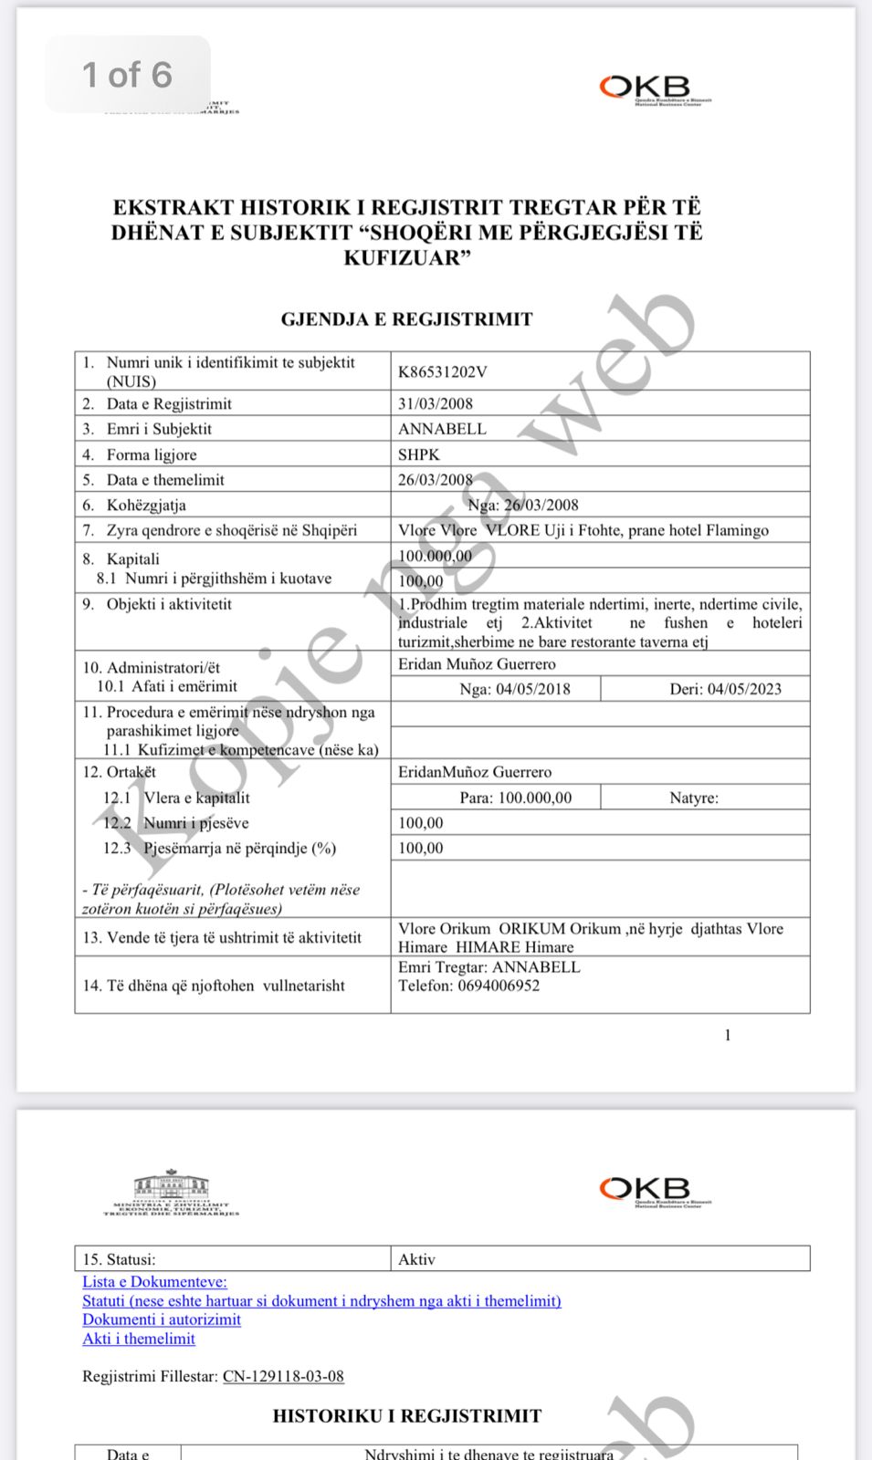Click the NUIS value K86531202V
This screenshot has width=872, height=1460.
click(443, 371)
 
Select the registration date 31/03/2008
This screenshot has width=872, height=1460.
click(436, 403)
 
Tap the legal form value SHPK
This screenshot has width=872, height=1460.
click(419, 454)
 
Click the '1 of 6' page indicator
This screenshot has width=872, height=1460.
click(128, 75)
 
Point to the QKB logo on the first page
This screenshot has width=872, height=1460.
click(654, 89)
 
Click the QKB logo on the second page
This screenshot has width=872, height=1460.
click(654, 1190)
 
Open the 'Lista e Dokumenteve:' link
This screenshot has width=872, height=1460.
click(154, 1282)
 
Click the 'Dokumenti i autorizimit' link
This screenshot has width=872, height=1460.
click(162, 1319)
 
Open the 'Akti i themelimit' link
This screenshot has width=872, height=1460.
click(139, 1339)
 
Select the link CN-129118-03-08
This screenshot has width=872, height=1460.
click(283, 1376)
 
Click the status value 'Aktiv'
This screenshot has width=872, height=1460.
click(416, 1259)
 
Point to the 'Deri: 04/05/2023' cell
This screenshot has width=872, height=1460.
click(725, 689)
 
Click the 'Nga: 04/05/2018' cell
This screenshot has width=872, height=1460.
click(514, 689)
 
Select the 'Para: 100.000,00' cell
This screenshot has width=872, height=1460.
click(516, 798)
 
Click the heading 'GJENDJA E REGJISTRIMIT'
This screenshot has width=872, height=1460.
click(406, 319)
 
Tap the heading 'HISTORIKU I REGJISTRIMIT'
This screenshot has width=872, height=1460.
click(406, 1415)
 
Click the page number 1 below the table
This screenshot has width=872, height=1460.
click(728, 1035)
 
